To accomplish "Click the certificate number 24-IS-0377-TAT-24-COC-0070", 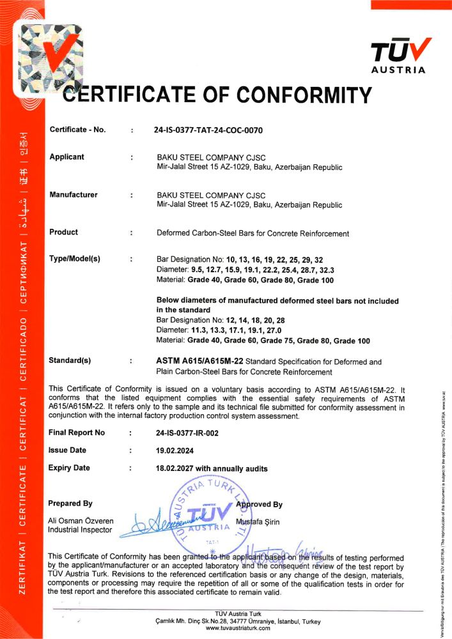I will click(x=208, y=130).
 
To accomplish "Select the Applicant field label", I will click(x=66, y=157).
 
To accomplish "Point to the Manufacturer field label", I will click(x=74, y=194).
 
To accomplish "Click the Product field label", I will click(x=64, y=233).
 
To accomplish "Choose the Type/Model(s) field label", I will click(x=75, y=259).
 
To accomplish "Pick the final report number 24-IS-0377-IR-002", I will click(x=187, y=433).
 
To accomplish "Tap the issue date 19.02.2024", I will click(x=175, y=450).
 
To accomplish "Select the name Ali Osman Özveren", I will click(x=81, y=520).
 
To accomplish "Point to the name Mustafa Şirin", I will click(x=258, y=522).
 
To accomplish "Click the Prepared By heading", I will click(x=70, y=504).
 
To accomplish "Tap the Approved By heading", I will click(x=260, y=504).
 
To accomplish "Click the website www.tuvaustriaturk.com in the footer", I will click(x=238, y=628).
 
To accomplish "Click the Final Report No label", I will click(x=77, y=433).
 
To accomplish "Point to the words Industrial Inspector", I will click(x=81, y=530).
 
